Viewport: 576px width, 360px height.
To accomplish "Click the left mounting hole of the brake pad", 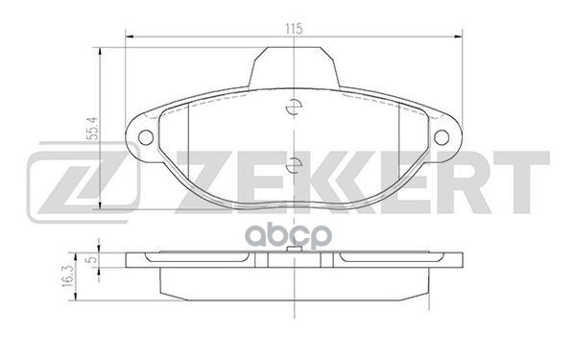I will click(146, 135).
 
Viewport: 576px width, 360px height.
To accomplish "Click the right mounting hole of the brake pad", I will click(443, 135).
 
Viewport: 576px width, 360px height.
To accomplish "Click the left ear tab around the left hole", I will click(141, 135).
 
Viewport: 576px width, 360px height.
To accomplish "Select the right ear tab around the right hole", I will click(446, 135).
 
